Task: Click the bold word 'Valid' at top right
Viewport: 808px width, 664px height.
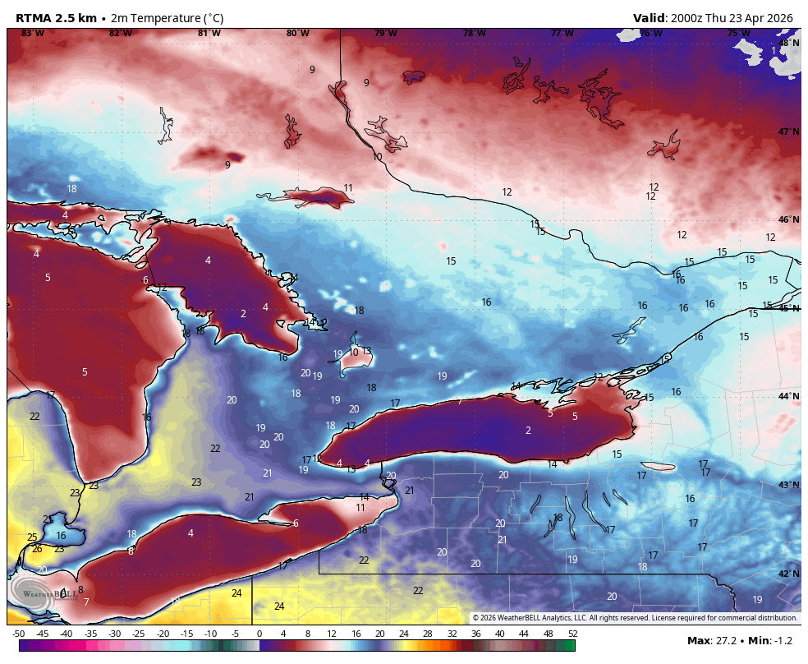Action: click(649, 18)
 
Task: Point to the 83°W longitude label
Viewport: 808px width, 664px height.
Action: click(33, 34)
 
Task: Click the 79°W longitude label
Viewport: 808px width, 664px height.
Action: click(386, 34)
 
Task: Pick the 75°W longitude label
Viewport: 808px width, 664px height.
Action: click(739, 34)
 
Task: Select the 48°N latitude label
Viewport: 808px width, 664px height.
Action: click(788, 43)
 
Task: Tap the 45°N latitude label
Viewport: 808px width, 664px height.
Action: click(788, 308)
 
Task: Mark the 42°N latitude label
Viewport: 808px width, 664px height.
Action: click(788, 574)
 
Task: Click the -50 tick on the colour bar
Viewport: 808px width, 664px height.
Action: click(18, 634)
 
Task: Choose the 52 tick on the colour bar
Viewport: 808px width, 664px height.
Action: click(572, 634)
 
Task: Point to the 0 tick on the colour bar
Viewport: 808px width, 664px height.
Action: click(259, 634)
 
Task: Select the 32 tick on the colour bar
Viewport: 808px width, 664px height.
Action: click(452, 634)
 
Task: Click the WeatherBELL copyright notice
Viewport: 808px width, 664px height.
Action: click(635, 618)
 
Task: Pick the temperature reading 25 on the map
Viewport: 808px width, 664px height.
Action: click(32, 537)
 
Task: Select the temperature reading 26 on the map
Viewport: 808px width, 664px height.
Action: click(37, 548)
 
